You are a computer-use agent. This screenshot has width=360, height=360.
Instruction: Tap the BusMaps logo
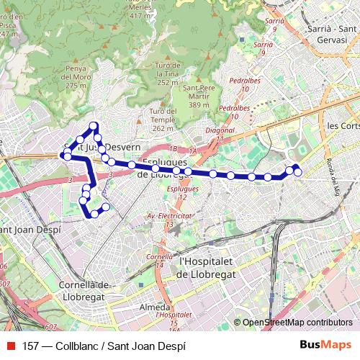[x=326, y=345]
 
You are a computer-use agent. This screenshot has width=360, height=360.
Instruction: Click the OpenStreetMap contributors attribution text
[x=297, y=323]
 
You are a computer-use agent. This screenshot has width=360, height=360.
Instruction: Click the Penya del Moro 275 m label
[x=76, y=76]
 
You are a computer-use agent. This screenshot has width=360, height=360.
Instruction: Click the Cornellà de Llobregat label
[x=84, y=290]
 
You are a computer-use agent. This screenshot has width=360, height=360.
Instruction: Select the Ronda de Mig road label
[x=332, y=177]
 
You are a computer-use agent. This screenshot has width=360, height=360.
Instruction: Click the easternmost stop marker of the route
[x=297, y=171]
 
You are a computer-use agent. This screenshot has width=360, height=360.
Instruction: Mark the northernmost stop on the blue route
[x=94, y=127]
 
